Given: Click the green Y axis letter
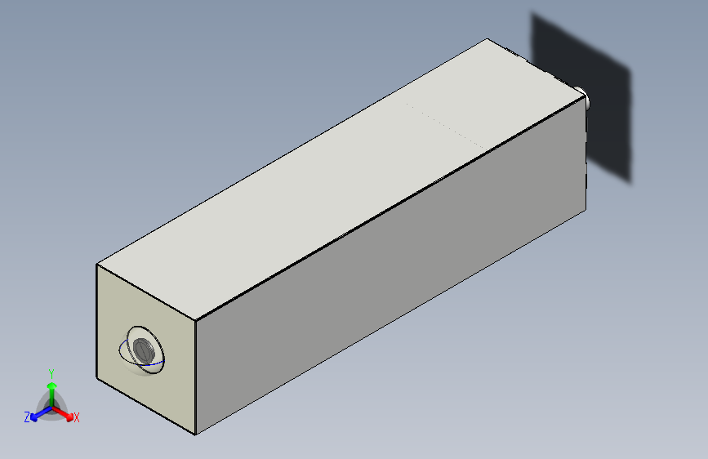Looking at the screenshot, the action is [51, 374].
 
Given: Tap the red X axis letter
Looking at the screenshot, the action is [76, 417].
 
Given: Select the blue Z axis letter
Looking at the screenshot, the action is [27, 417].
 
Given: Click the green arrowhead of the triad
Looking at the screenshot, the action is [52, 385].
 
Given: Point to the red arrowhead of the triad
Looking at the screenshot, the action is [69, 417].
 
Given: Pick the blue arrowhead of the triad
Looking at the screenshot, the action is [34, 417].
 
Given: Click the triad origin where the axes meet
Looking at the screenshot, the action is [52, 408].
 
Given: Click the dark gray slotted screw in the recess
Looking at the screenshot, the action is [144, 350].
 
